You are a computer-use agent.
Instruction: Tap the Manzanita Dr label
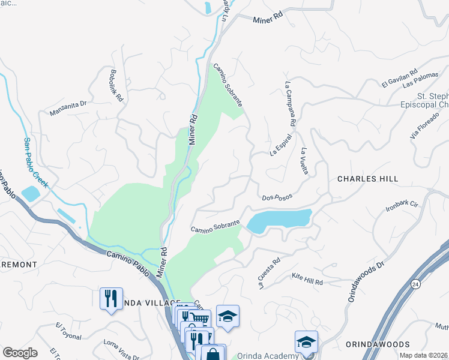[x=68, y=107]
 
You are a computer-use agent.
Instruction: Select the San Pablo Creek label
[x=35, y=163]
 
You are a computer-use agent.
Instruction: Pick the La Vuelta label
[x=305, y=161]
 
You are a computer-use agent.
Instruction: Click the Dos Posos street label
[x=277, y=197]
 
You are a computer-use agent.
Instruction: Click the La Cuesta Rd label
[x=270, y=274]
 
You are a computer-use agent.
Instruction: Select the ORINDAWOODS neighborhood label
[x=378, y=344]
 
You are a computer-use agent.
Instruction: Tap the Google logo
[x=20, y=353]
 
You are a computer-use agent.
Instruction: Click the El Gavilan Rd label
[x=399, y=79]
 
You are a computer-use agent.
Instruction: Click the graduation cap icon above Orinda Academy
[x=306, y=342]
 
